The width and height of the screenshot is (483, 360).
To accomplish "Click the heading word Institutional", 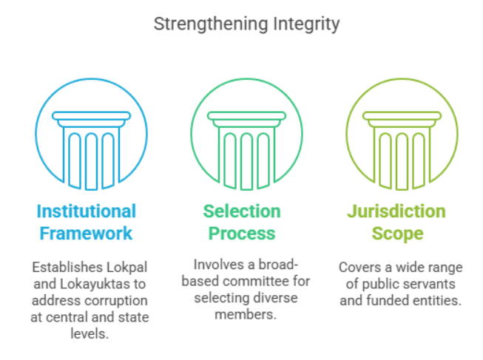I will [87, 211].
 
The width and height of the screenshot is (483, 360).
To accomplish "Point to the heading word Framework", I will [87, 234].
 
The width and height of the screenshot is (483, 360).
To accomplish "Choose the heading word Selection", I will [242, 211].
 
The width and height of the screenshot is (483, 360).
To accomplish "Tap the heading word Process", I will [242, 234].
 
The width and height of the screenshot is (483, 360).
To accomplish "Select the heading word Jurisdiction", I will [396, 211].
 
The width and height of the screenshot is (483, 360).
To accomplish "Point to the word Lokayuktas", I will [87, 284].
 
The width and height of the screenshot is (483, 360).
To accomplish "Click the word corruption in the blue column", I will [115, 301].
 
